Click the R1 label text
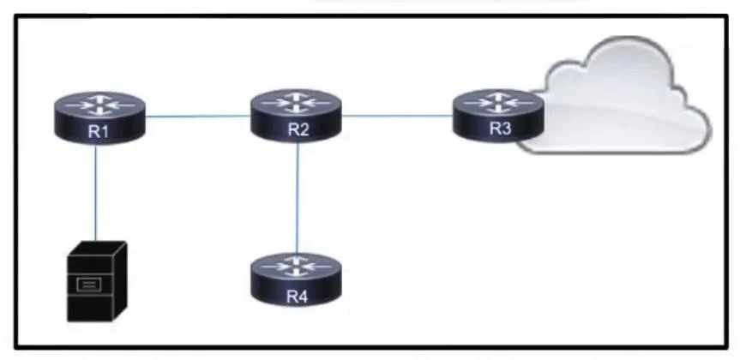click(99, 132)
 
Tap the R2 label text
click(298, 129)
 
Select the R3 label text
click(500, 129)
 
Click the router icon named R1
click(99, 117)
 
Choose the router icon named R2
click(296, 116)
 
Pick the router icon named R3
click(497, 116)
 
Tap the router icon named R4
click(297, 279)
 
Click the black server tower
click(97, 281)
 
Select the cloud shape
click(618, 98)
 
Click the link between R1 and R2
click(198, 116)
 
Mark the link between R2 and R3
click(397, 116)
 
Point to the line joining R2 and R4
click(298, 198)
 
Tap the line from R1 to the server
click(96, 192)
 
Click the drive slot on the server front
click(89, 285)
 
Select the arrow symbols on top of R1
click(99, 105)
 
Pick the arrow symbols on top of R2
click(296, 102)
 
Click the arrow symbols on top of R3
click(498, 102)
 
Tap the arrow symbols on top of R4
click(297, 267)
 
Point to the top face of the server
click(97, 249)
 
